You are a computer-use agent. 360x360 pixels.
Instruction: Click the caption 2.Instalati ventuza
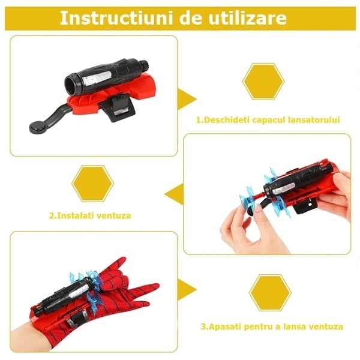(90, 215)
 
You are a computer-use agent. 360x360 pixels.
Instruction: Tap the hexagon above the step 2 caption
(92, 184)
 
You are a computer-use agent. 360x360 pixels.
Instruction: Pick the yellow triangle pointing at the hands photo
(173, 193)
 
